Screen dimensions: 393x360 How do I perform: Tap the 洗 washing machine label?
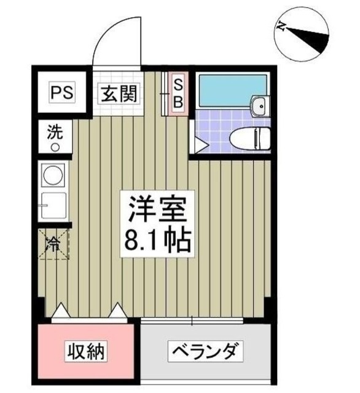(x=55, y=133)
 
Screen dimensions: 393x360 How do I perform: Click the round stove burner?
(x=52, y=174)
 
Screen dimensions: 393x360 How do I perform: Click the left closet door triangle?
(x=63, y=313)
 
